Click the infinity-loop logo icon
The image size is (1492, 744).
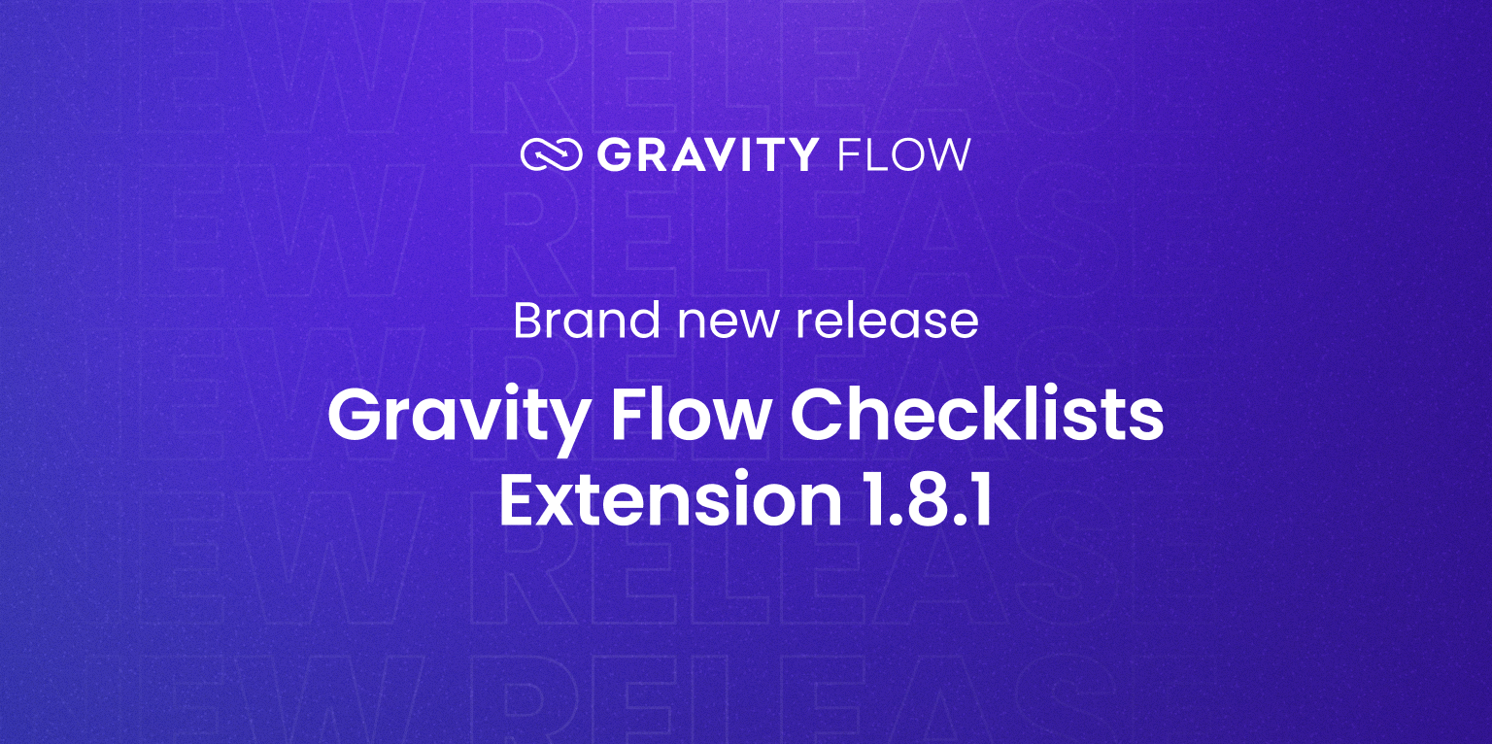[x=551, y=155]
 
